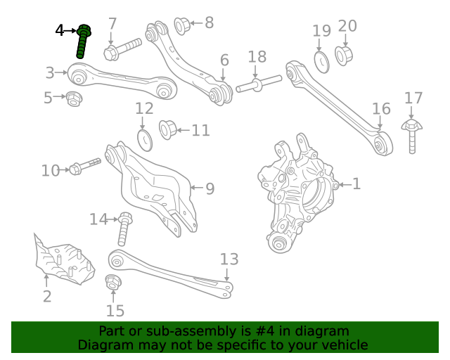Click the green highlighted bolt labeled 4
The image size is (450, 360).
point(84,42)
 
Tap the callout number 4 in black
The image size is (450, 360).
point(60,30)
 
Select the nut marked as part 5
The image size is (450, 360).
point(74,98)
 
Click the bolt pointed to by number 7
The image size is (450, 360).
point(122,49)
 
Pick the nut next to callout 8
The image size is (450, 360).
point(182,26)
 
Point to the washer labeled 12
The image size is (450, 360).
point(143,139)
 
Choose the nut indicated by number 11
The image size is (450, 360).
point(169,129)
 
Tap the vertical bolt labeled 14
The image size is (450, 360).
point(124,229)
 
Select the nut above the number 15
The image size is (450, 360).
point(112,283)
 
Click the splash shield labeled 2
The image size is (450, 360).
point(63,260)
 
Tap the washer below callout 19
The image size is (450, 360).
point(321,61)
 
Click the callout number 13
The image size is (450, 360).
point(229,259)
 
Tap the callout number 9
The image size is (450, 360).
point(210,188)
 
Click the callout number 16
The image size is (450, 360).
point(380,108)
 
